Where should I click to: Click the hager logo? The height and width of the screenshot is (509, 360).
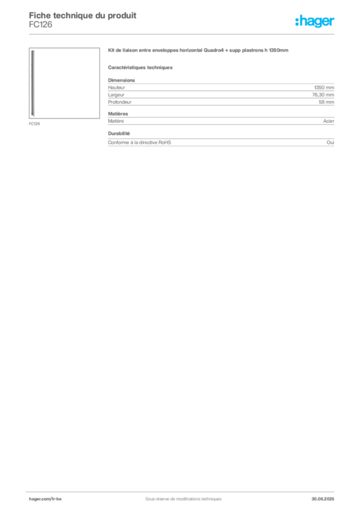tap(315, 21)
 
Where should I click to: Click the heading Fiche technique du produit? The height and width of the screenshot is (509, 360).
tap(83, 15)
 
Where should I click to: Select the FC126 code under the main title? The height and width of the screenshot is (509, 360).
tap(41, 25)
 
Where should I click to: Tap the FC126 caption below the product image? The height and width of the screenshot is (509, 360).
tap(34, 124)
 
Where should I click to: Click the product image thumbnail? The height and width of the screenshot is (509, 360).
tap(64, 83)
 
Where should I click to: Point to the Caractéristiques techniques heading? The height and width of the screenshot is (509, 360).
tap(140, 68)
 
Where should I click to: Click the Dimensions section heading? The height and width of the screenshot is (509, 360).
tap(121, 80)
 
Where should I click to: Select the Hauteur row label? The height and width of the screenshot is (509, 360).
tap(116, 87)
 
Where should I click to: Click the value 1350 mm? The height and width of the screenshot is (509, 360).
tap(324, 87)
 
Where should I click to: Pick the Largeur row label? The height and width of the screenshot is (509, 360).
tap(116, 95)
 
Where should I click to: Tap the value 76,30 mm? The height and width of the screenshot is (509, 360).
tap(323, 95)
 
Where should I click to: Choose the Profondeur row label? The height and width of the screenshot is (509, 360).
tap(120, 102)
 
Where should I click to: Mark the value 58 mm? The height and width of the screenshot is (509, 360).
tap(326, 102)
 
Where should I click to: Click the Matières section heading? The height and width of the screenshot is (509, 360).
tap(118, 114)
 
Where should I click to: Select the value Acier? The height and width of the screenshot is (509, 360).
tap(329, 121)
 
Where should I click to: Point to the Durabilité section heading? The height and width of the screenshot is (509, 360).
tap(119, 133)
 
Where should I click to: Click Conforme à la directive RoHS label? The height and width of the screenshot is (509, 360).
tap(140, 143)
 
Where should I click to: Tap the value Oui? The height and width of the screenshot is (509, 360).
tap(330, 143)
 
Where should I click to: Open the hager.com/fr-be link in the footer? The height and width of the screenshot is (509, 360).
tap(45, 499)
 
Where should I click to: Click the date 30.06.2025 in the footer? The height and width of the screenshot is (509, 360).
tap(323, 499)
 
